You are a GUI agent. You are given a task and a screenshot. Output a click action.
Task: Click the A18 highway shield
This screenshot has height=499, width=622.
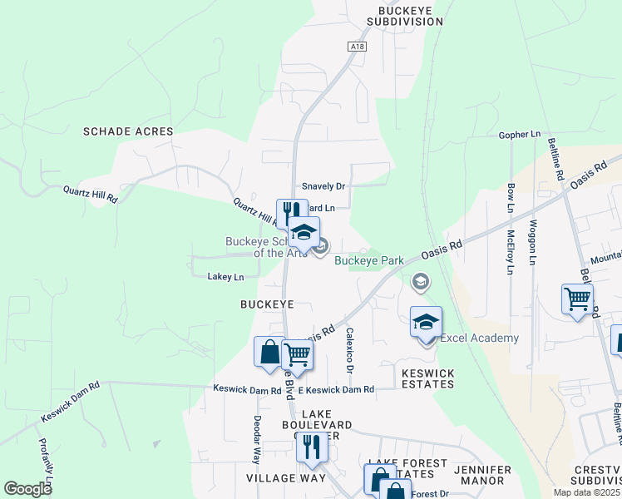tap(358, 47)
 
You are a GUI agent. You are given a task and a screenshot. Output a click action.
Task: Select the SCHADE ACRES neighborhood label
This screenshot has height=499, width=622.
tap(128, 131)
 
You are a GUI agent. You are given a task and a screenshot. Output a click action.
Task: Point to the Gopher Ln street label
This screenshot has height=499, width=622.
tap(519, 134)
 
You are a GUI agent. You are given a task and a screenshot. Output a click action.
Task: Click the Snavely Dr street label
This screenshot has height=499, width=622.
tap(323, 187)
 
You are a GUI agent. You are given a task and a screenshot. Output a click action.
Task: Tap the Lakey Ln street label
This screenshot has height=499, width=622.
tap(225, 277)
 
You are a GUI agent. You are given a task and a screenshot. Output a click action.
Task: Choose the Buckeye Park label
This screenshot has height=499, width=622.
tap(369, 260)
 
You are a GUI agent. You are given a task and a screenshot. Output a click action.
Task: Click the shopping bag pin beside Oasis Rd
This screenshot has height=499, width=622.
tap(269, 352)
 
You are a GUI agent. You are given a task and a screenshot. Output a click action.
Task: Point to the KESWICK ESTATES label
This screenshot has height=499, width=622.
tap(428, 378)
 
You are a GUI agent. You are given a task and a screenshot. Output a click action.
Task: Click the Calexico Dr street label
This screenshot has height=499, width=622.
tap(350, 350)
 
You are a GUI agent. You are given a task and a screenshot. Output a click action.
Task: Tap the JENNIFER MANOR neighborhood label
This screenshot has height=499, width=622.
tap(482, 475)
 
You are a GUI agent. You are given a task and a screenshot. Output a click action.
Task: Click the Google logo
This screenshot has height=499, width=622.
tap(27, 489)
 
